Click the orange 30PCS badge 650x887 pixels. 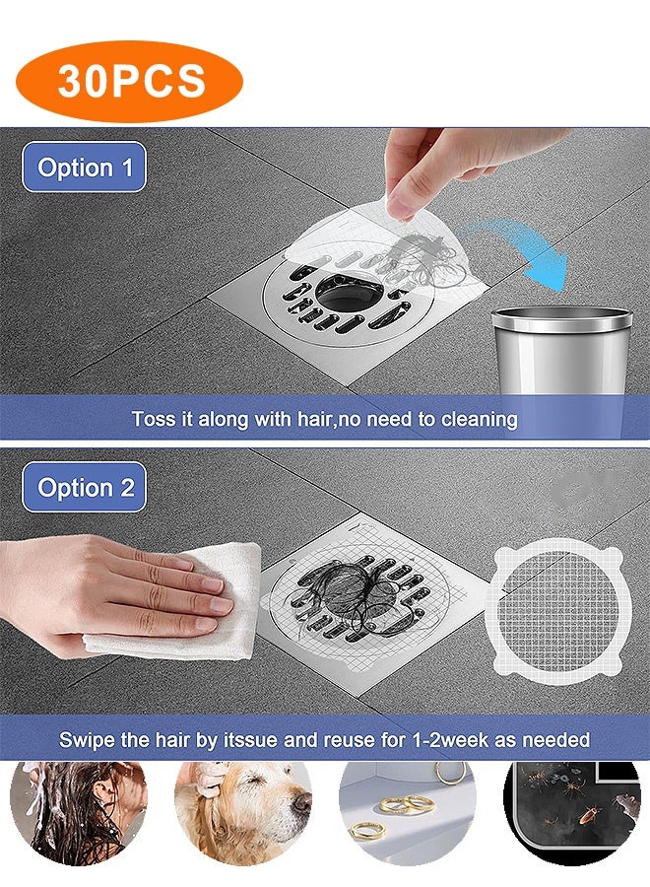(x=130, y=81)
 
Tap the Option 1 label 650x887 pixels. (x=85, y=168)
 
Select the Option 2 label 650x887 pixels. (x=85, y=488)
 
